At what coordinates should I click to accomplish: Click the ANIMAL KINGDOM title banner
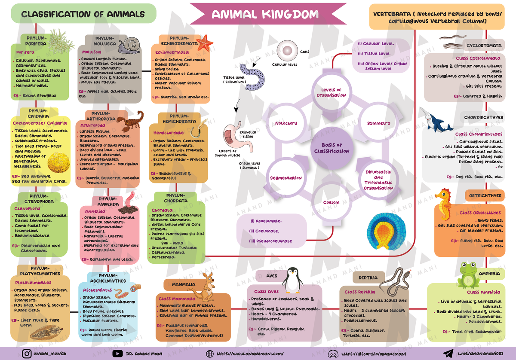(x=265, y=15)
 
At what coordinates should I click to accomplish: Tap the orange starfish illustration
(x=206, y=42)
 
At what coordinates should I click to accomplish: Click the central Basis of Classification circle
(x=332, y=148)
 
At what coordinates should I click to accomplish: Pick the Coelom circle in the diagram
(x=331, y=202)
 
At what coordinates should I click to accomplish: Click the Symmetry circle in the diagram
(x=378, y=123)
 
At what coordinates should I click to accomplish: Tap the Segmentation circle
(x=286, y=178)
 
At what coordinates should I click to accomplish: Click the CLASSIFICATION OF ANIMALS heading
(x=83, y=14)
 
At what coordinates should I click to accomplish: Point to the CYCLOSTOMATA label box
(x=484, y=45)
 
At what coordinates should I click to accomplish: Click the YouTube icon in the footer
(x=117, y=354)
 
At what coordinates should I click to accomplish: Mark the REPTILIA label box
(x=369, y=278)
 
